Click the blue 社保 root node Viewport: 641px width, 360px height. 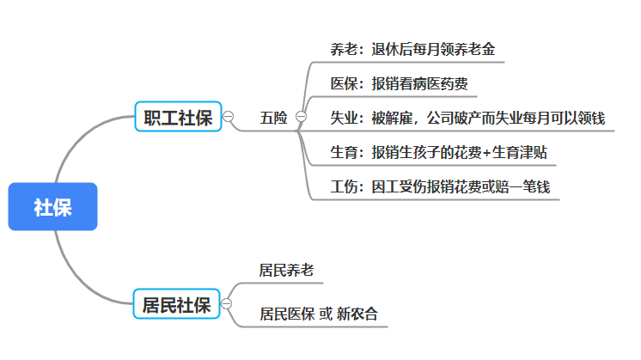coord(52,207)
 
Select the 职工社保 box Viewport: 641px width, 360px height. coord(178,117)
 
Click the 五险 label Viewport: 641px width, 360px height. coord(274,117)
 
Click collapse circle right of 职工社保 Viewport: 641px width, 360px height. coord(229,117)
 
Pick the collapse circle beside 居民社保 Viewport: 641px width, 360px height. coord(227,304)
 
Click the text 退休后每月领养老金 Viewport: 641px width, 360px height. coord(433,49)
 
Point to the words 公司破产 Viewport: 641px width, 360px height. coord(455,118)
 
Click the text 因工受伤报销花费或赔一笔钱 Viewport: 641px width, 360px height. coord(461,186)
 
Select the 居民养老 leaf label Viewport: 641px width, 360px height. coord(287,270)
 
